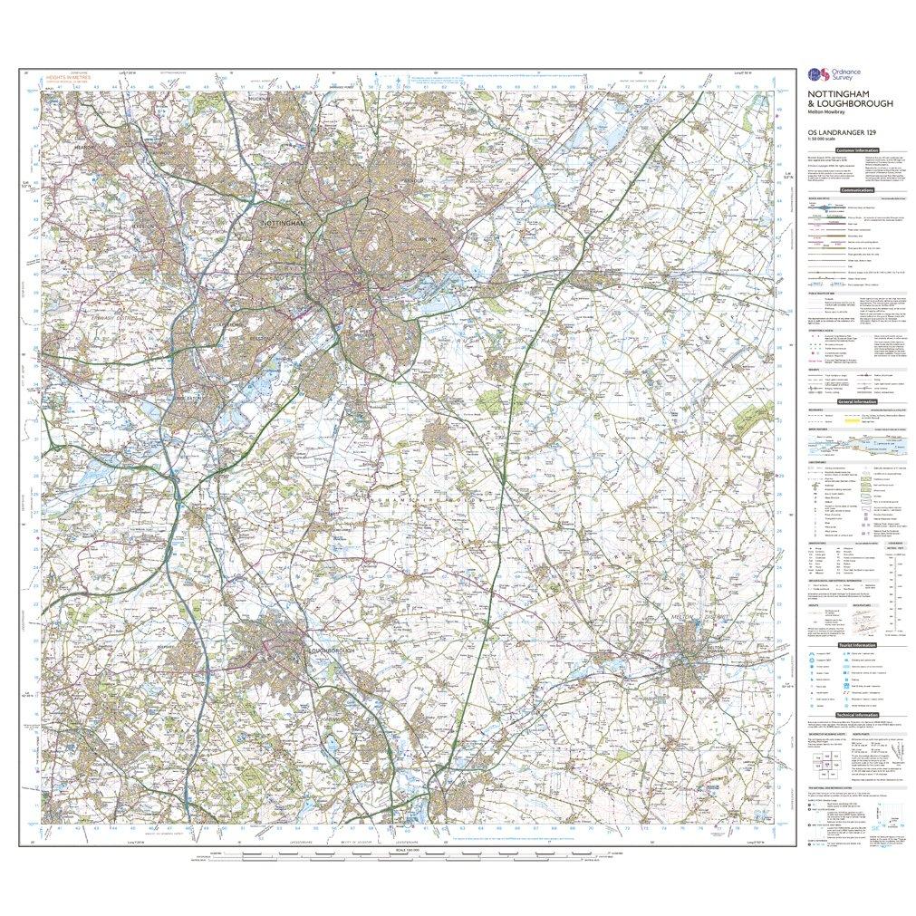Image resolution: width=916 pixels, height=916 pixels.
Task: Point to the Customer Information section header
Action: (857, 149)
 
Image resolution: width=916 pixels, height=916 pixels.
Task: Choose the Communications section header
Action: (857, 190)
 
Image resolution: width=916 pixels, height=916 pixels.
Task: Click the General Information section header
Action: (857, 401)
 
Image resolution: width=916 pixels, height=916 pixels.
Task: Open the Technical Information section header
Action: (857, 715)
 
